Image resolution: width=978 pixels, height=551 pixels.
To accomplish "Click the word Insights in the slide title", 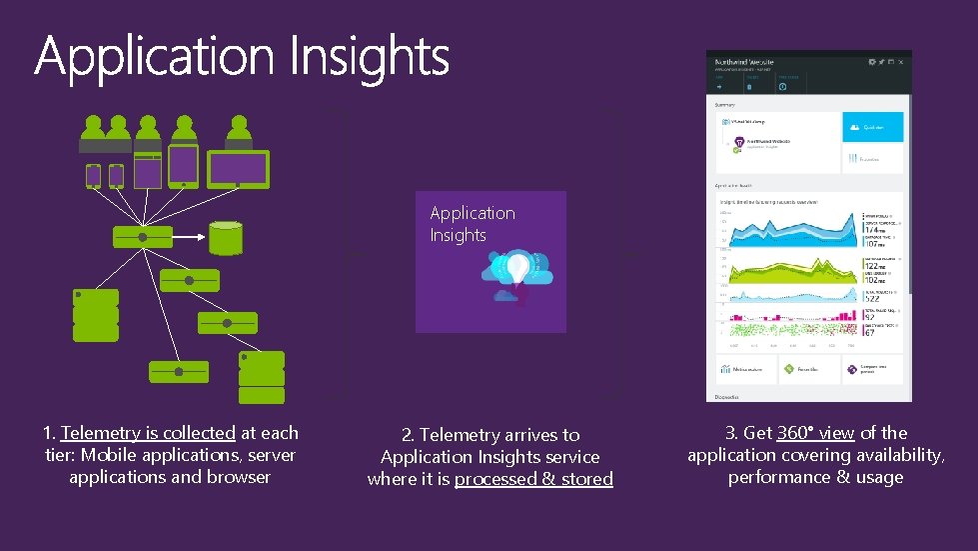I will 370,56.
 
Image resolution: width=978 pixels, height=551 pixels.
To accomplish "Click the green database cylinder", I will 226,238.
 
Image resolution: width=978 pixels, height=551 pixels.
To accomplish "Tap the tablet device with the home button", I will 183,166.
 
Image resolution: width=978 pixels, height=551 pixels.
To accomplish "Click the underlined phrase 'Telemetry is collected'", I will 148,433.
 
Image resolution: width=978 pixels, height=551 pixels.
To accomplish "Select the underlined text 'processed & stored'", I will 533,479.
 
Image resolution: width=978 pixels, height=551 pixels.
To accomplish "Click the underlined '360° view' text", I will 815,433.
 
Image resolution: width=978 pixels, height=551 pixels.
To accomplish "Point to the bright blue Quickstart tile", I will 873,127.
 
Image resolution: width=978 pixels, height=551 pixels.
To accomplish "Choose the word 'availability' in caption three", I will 895,455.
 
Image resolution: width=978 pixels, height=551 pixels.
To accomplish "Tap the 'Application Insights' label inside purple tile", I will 473,224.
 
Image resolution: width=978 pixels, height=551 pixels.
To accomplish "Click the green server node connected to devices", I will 143,237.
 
